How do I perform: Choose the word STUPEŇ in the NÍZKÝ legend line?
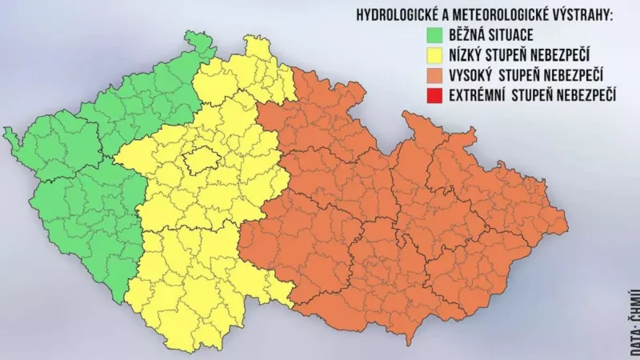(x=519, y=56)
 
